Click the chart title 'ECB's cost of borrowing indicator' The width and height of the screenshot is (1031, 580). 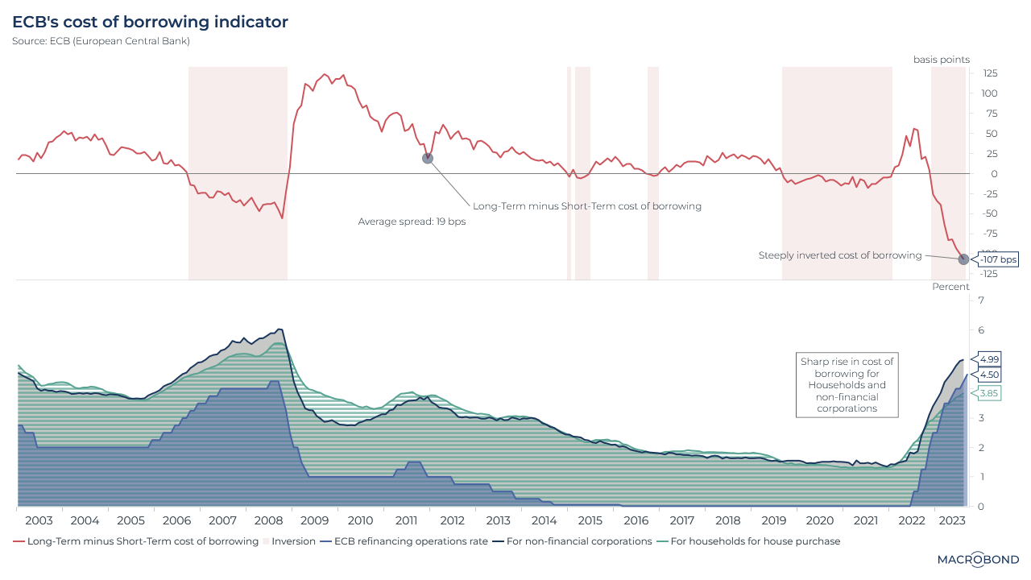(x=150, y=23)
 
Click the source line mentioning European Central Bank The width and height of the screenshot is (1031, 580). (x=101, y=41)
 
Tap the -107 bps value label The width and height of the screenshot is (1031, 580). (x=998, y=259)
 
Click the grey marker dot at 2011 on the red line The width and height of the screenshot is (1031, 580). (x=428, y=158)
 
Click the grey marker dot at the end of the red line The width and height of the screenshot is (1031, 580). (x=963, y=259)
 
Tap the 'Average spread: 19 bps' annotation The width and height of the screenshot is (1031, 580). (x=412, y=222)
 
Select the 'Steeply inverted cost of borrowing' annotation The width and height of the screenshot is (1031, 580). (x=840, y=255)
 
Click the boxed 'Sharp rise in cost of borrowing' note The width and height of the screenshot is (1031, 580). (x=847, y=385)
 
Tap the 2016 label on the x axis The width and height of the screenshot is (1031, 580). (x=636, y=520)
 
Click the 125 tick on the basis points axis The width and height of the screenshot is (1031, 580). (x=989, y=73)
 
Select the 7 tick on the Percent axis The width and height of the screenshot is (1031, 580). (x=981, y=300)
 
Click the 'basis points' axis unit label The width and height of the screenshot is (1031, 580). (x=941, y=60)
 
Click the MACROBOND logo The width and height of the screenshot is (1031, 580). (x=978, y=559)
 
